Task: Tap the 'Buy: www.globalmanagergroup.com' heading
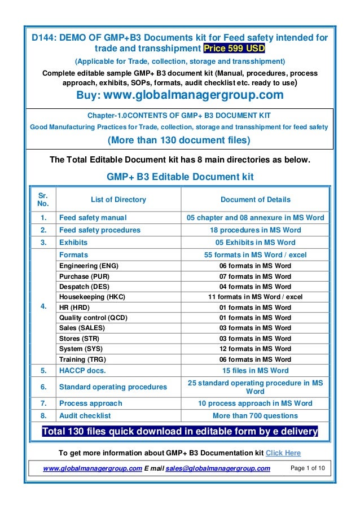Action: [179, 94]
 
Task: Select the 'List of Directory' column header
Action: [118, 199]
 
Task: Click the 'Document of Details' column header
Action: [255, 199]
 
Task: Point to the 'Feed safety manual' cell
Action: [93, 218]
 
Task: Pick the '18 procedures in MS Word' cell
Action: [255, 230]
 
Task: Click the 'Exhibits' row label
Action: [73, 243]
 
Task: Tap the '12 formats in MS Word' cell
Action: [255, 349]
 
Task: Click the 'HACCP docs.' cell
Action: [82, 371]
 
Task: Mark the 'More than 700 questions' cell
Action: [255, 416]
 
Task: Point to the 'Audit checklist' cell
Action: [85, 416]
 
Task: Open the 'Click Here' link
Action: [283, 453]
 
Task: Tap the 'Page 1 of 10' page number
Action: [309, 468]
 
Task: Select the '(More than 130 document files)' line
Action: [179, 139]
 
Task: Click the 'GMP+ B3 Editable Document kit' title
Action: [180, 177]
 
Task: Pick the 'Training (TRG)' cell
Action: [82, 359]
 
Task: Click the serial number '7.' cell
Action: [43, 403]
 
